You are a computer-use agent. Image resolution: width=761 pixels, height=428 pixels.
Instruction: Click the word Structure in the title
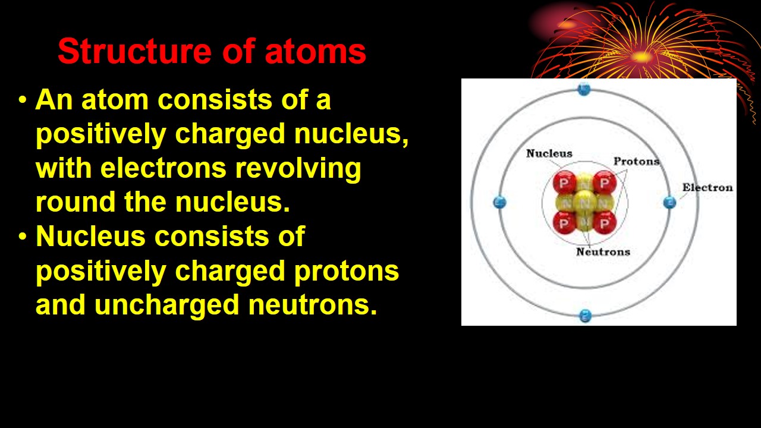[x=134, y=52]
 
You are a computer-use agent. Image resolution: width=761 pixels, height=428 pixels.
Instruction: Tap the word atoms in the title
[x=315, y=52]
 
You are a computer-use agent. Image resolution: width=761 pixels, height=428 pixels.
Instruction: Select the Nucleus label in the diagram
[x=549, y=153]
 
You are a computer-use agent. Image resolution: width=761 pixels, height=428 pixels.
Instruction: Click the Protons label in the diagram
[x=636, y=161]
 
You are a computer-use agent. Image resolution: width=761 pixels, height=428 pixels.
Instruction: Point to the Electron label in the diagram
[x=707, y=188]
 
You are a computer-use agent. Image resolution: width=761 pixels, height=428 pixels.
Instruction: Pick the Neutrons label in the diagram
[x=603, y=251]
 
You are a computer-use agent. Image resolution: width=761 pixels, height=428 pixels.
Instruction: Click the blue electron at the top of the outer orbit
[x=584, y=90]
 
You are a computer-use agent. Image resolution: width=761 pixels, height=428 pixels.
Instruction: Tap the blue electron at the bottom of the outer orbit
[x=585, y=316]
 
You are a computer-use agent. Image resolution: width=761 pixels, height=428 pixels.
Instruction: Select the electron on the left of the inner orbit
[x=500, y=202]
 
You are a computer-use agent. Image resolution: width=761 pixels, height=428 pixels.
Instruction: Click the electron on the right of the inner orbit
[x=669, y=202]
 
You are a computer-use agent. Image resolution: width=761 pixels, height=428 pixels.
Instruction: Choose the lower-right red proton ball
[x=605, y=224]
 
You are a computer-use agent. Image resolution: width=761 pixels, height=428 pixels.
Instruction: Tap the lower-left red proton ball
[x=564, y=224]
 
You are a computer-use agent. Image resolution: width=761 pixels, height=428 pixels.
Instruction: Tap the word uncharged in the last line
[x=168, y=305]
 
